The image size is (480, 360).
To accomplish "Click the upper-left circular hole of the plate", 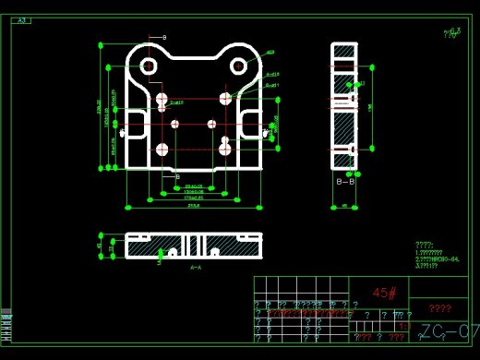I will click(147, 66).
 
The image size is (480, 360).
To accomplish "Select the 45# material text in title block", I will click(385, 293).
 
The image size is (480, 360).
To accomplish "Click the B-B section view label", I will click(344, 182).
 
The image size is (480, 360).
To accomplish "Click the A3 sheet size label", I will click(23, 19).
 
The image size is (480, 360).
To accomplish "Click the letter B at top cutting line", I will click(164, 37).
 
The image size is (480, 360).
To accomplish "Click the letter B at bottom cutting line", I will click(177, 176).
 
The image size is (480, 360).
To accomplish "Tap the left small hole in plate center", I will click(174, 123).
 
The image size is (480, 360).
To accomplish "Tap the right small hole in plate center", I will click(211, 123).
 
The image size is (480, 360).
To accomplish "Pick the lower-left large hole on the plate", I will click(162, 148).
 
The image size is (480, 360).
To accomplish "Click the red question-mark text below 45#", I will click(440, 309).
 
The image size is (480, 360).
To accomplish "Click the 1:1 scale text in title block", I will click(403, 326).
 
